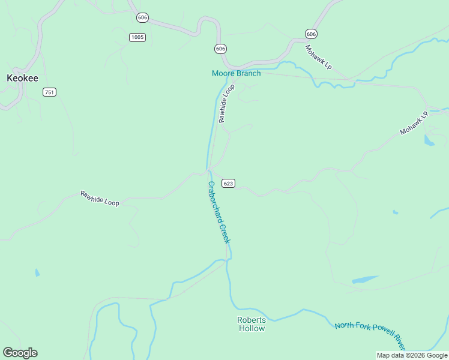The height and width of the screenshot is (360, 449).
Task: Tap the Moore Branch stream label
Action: pos(236,73)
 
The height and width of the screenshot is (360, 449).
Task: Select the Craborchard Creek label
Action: pos(218,212)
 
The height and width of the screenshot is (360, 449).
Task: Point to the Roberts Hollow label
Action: pos(252,324)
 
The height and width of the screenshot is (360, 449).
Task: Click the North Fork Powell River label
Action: pos(370,334)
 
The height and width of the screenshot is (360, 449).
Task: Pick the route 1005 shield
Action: pos(137,37)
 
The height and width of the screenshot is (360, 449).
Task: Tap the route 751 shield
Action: pos(49,92)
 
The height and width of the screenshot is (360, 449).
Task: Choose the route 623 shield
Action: pos(228,182)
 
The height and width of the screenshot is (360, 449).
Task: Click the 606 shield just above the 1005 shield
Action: pos(142,17)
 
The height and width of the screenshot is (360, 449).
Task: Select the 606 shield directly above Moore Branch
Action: pos(220,49)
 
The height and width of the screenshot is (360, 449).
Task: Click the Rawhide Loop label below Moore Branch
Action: pos(227,104)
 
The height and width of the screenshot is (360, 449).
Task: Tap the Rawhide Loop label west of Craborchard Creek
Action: pos(100,199)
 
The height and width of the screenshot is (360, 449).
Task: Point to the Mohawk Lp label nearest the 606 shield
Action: pos(318,57)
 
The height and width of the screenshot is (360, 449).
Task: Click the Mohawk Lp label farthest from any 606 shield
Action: pos(414,122)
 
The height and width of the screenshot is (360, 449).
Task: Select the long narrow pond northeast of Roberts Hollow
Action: pos(365,280)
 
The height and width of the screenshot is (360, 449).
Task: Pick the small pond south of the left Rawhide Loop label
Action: pos(37,273)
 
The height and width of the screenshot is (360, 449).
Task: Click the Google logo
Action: pos(20,353)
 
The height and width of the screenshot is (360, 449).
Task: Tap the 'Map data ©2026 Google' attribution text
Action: pos(412,355)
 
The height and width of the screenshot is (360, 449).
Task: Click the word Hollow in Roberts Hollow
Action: pos(252,328)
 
